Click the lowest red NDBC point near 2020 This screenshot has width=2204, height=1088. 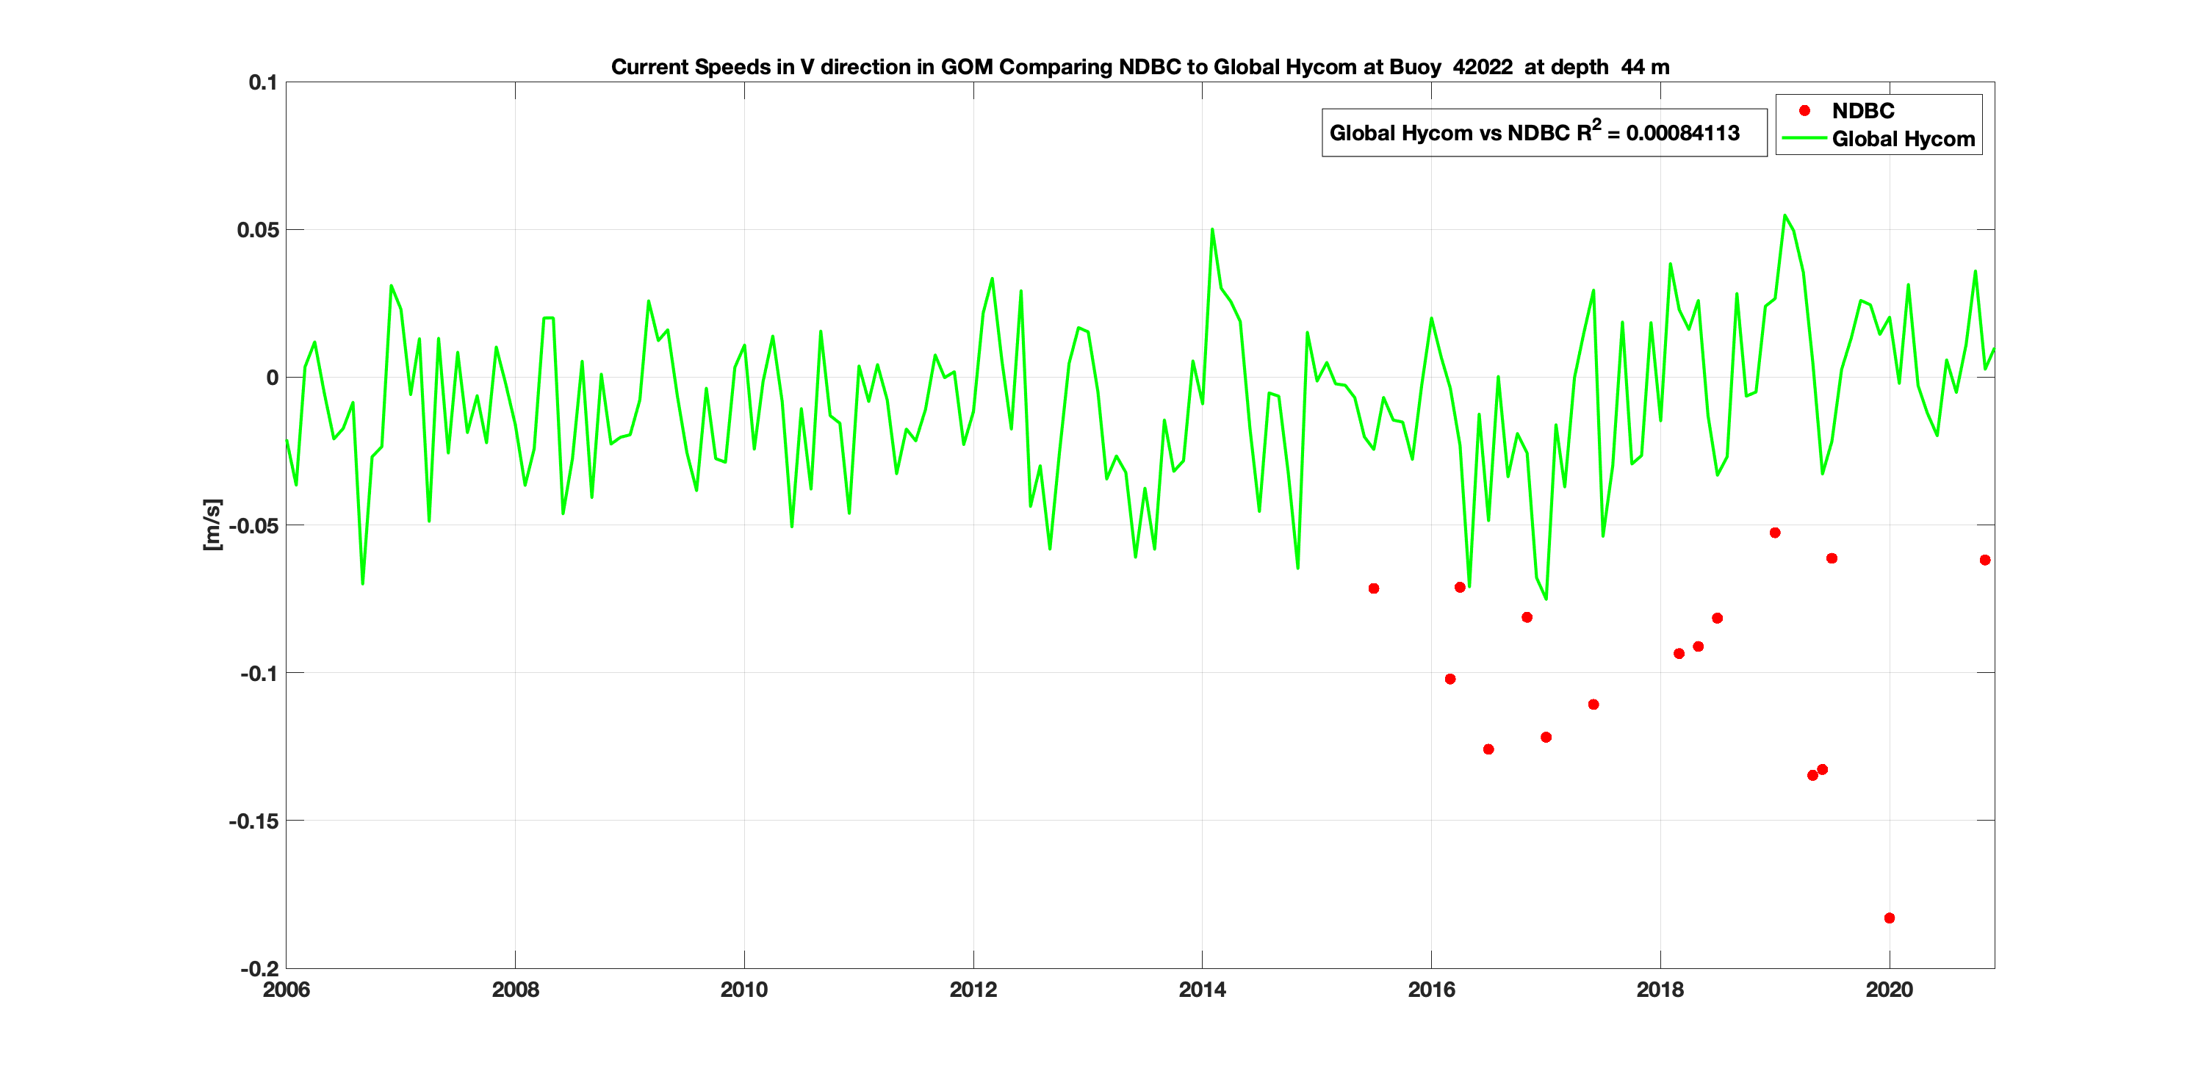(1889, 918)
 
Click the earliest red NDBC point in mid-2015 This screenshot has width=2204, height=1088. (1373, 588)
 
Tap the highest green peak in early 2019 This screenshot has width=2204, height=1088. (1784, 215)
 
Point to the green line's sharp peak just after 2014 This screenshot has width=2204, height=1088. (1212, 229)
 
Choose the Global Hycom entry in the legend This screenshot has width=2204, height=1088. (1903, 139)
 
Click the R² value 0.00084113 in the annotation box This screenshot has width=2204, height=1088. (1682, 134)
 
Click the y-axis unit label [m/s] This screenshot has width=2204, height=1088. (212, 525)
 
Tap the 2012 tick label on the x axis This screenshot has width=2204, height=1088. (973, 990)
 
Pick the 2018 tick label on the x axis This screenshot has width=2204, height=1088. (1660, 990)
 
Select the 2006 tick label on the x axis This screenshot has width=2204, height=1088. (286, 990)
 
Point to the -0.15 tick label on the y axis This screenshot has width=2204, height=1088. (253, 821)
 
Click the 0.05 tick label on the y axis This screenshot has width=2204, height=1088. (258, 230)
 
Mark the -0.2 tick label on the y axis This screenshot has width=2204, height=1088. (259, 969)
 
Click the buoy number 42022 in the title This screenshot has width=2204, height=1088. (1482, 67)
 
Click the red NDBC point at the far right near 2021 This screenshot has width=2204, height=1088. (1985, 561)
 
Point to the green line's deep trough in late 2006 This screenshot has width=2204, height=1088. (363, 583)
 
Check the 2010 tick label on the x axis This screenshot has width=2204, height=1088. (743, 990)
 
